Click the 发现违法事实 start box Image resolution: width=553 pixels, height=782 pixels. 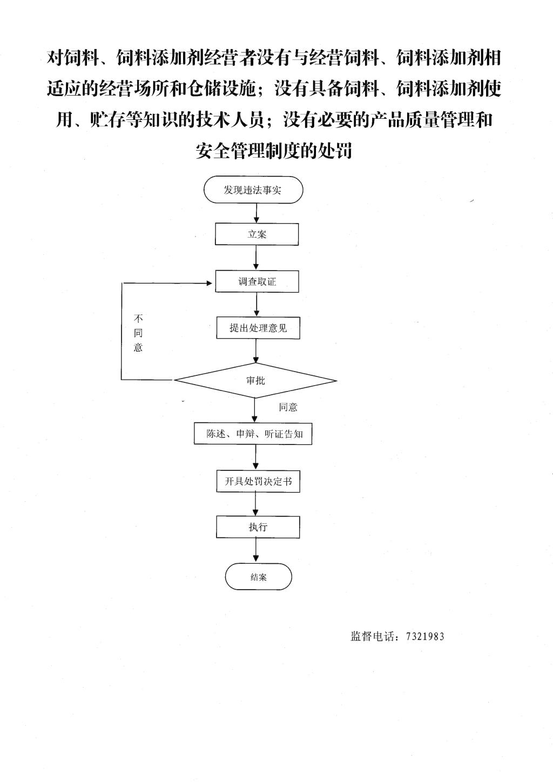pyautogui.click(x=253, y=190)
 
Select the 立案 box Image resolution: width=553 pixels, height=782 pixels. pyautogui.click(x=257, y=234)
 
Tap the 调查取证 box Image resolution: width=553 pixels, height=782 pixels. pyautogui.click(x=257, y=281)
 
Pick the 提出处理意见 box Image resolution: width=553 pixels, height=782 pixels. pyautogui.click(x=258, y=328)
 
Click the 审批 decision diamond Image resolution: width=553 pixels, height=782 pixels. pyautogui.click(x=255, y=381)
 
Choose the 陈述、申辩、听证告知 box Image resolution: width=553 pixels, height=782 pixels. pyautogui.click(x=253, y=434)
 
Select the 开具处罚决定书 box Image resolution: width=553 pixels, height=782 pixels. pyautogui.click(x=258, y=482)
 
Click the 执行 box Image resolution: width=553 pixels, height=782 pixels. pyautogui.click(x=258, y=527)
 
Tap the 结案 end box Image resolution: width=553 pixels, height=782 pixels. pyautogui.click(x=258, y=577)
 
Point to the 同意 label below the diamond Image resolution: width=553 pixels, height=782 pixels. pyautogui.click(x=288, y=407)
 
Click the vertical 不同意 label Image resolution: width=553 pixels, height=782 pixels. pyautogui.click(x=138, y=333)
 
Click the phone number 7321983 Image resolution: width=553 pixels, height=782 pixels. pyautogui.click(x=425, y=637)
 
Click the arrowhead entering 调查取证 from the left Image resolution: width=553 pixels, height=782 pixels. pyautogui.click(x=210, y=283)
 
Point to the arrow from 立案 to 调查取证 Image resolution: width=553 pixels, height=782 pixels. pyautogui.click(x=257, y=258)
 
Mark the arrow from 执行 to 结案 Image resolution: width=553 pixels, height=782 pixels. pyautogui.click(x=256, y=550)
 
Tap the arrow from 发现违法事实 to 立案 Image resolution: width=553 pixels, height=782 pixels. pyautogui.click(x=257, y=213)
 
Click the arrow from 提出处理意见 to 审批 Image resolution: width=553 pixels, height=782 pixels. pyautogui.click(x=256, y=351)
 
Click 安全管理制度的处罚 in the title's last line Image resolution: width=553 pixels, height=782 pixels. pyautogui.click(x=273, y=151)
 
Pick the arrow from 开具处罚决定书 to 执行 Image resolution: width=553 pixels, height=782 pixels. pyautogui.click(x=256, y=504)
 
